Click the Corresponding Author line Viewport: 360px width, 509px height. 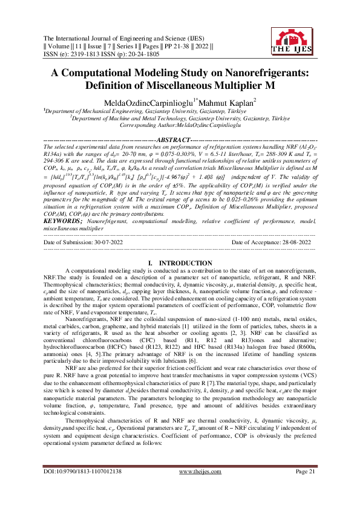coord(180,125)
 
